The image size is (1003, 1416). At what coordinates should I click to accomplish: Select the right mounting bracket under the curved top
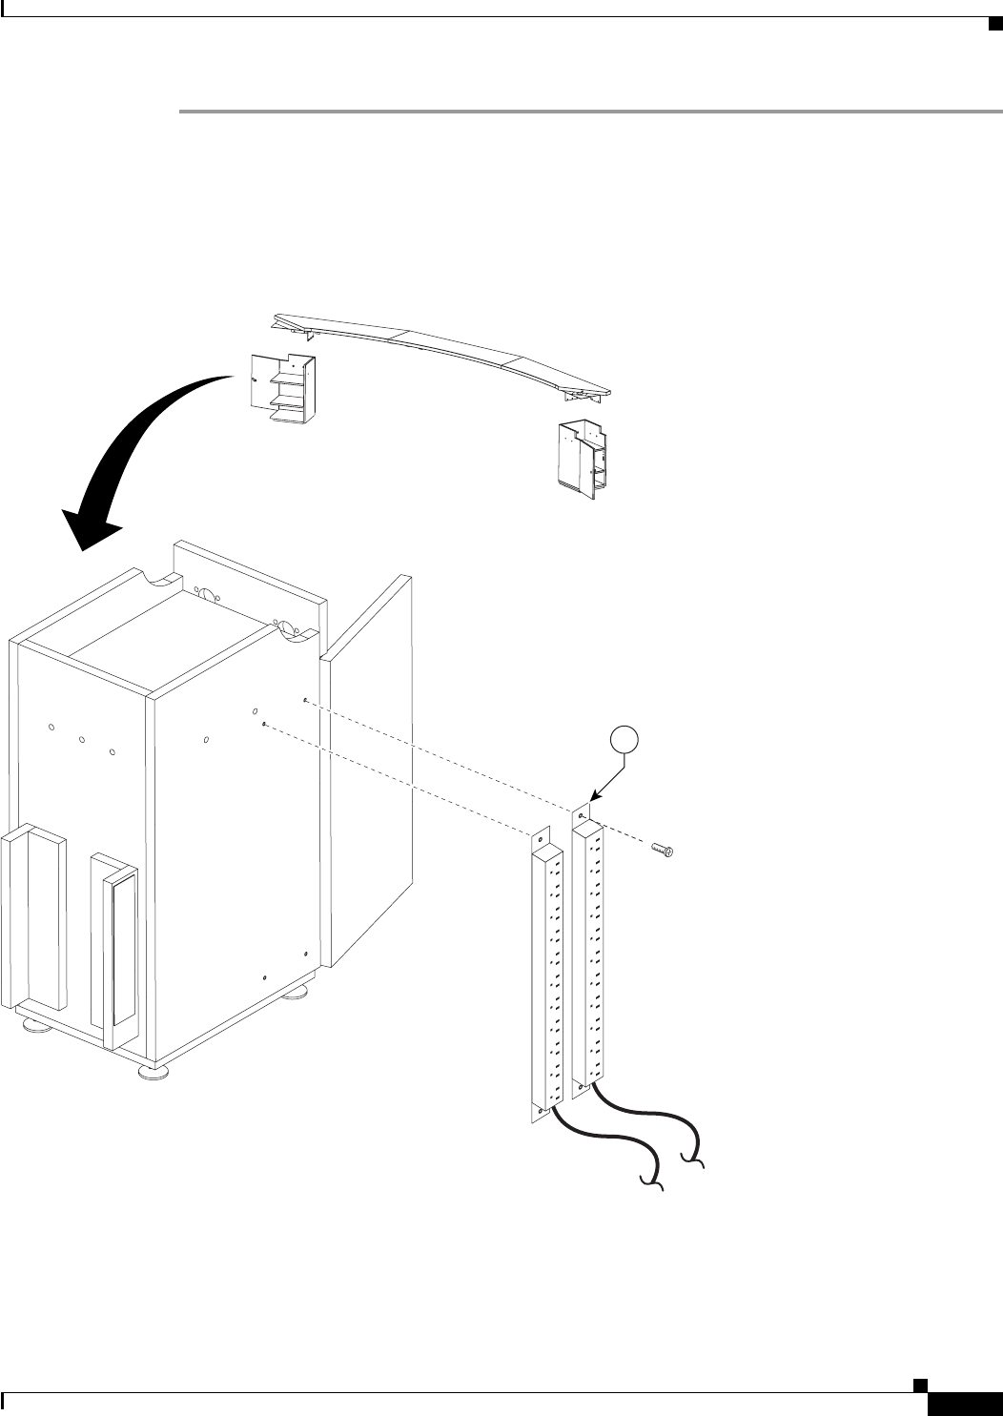[583, 455]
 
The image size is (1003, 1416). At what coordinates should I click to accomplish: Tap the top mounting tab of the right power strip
[582, 816]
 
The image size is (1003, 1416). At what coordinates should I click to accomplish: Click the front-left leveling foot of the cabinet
[37, 1026]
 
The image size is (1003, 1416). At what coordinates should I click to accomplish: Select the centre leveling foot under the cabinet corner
[152, 1071]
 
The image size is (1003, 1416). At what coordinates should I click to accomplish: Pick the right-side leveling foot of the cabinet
[300, 995]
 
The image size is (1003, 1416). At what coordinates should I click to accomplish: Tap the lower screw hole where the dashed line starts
[263, 724]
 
